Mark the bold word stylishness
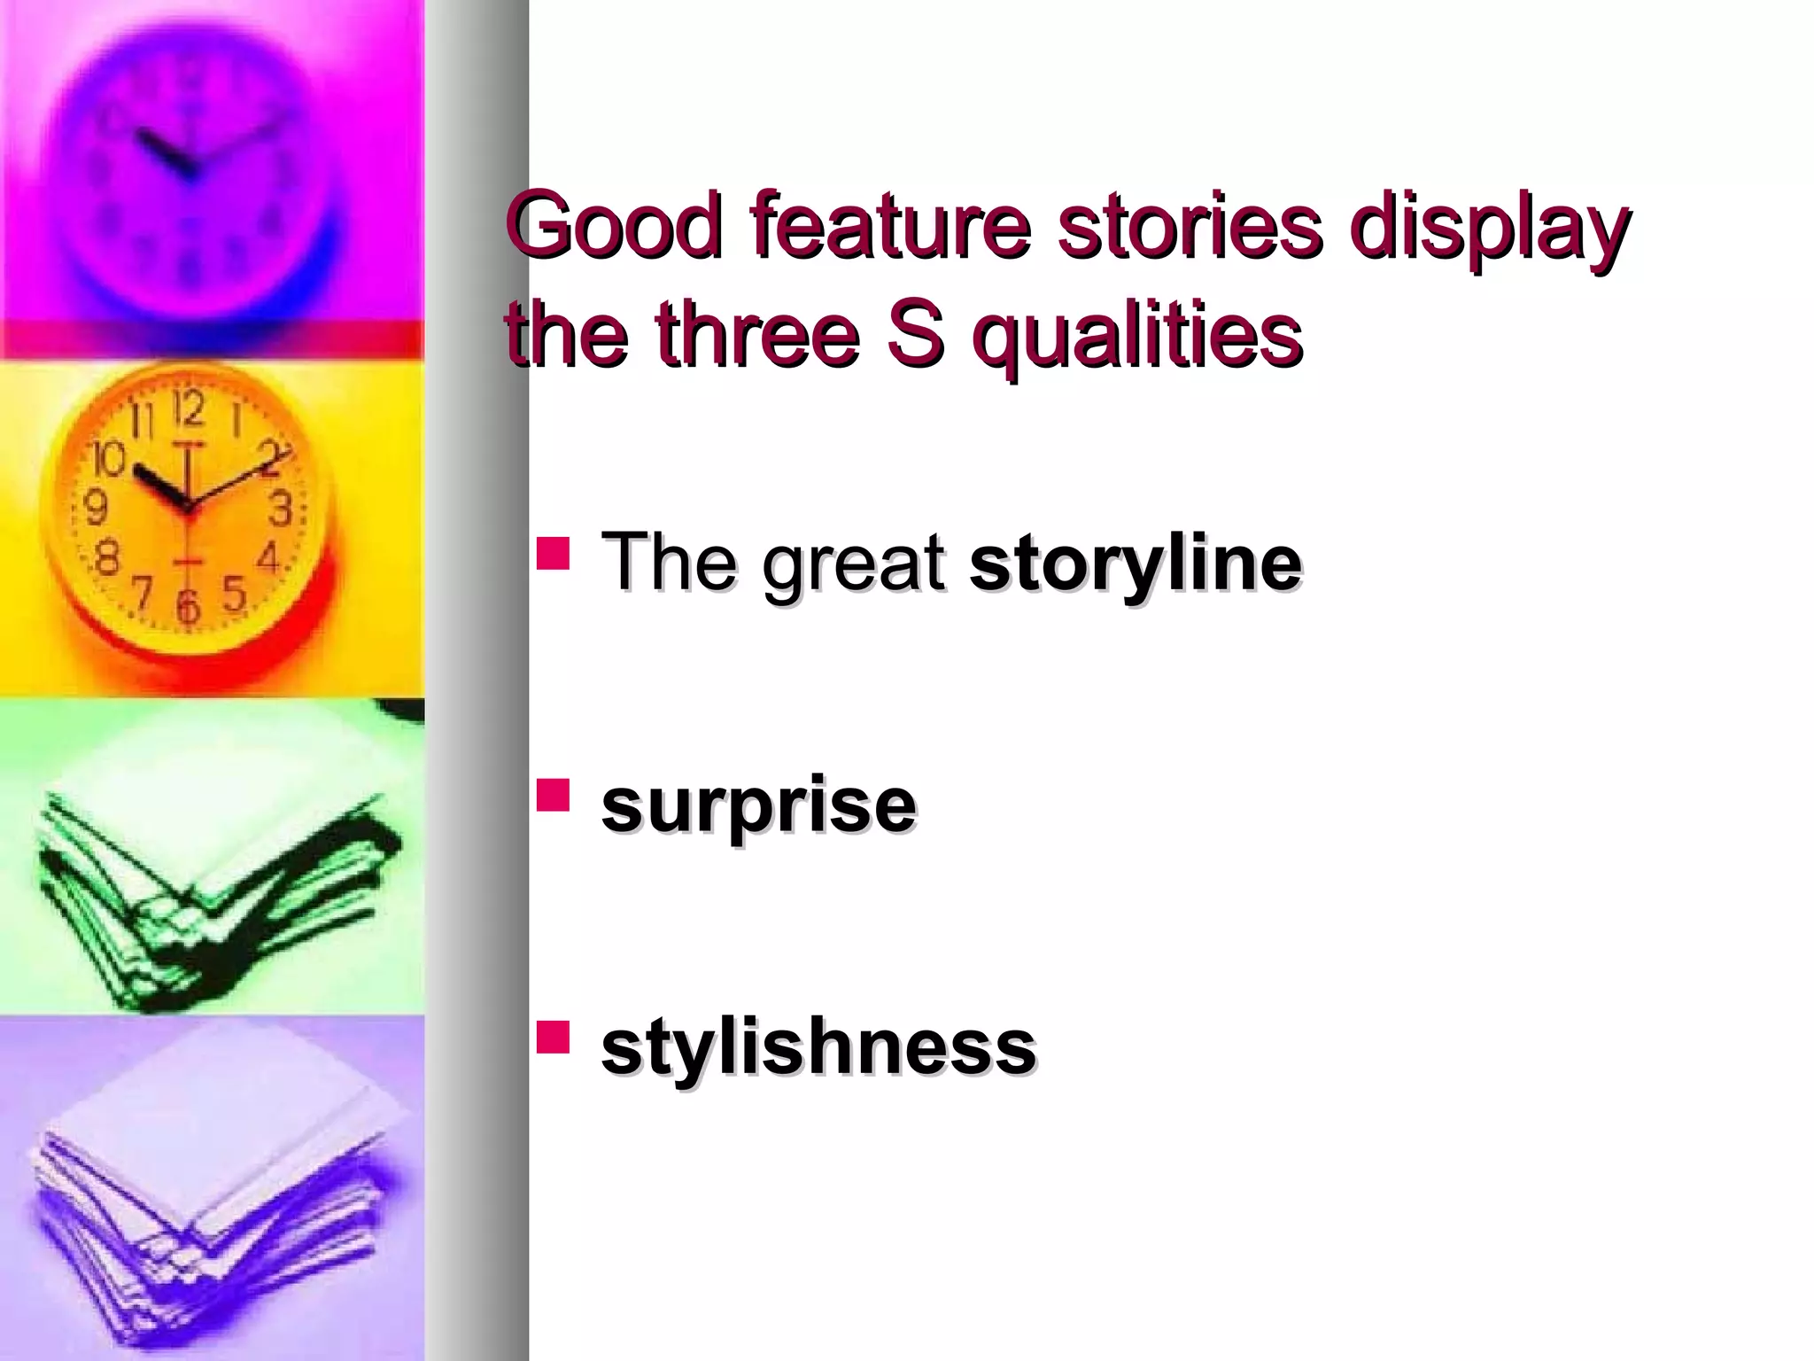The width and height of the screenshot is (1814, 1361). (x=818, y=1049)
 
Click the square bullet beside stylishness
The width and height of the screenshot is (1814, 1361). (x=553, y=1036)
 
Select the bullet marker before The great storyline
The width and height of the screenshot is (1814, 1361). (x=553, y=552)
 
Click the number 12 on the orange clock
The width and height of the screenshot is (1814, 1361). (x=189, y=409)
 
